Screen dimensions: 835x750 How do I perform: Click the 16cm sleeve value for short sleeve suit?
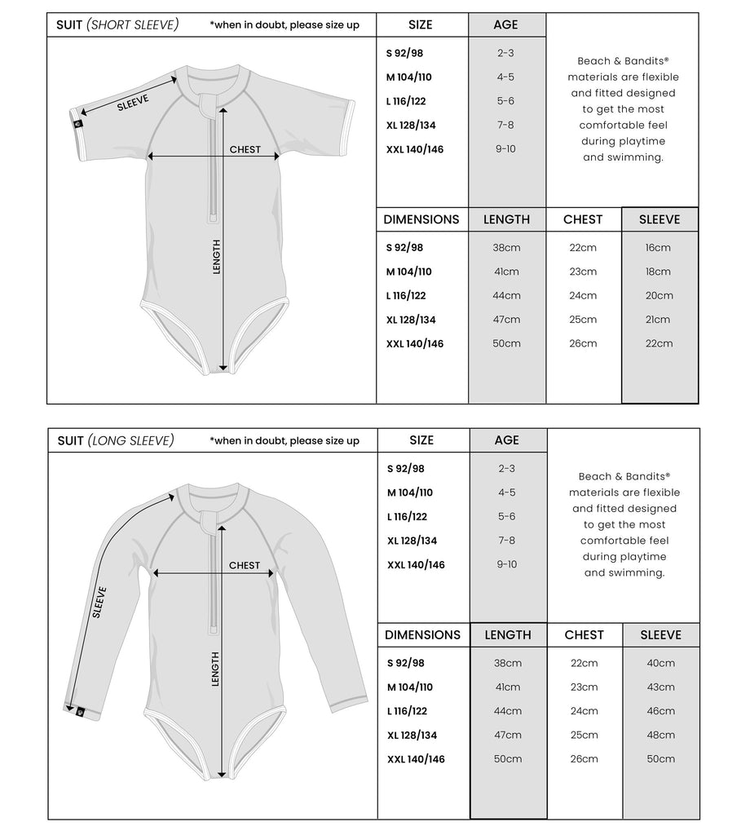(659, 248)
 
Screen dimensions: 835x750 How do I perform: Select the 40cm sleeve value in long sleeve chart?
(660, 664)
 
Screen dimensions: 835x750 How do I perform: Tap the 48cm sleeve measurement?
(660, 735)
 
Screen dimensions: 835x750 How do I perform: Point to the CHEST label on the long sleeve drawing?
(245, 565)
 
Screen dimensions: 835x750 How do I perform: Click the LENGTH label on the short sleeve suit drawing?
(217, 256)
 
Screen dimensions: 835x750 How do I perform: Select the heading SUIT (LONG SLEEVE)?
(116, 441)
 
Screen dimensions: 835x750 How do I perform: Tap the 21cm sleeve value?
(659, 320)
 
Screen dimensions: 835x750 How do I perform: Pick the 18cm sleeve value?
(659, 272)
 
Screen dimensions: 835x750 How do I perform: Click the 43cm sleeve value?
(660, 687)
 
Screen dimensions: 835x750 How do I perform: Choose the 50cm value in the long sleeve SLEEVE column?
(660, 759)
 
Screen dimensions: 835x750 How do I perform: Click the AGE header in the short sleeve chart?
(505, 25)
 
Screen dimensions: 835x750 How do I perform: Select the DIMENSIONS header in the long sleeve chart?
(422, 635)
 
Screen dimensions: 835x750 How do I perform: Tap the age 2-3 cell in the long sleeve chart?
(506, 469)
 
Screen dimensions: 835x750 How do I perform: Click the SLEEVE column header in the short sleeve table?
(660, 219)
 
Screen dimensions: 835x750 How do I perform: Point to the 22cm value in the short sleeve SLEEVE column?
(659, 343)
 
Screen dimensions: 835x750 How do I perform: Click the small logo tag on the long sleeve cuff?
(79, 712)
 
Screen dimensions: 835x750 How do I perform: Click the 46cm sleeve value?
(660, 711)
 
